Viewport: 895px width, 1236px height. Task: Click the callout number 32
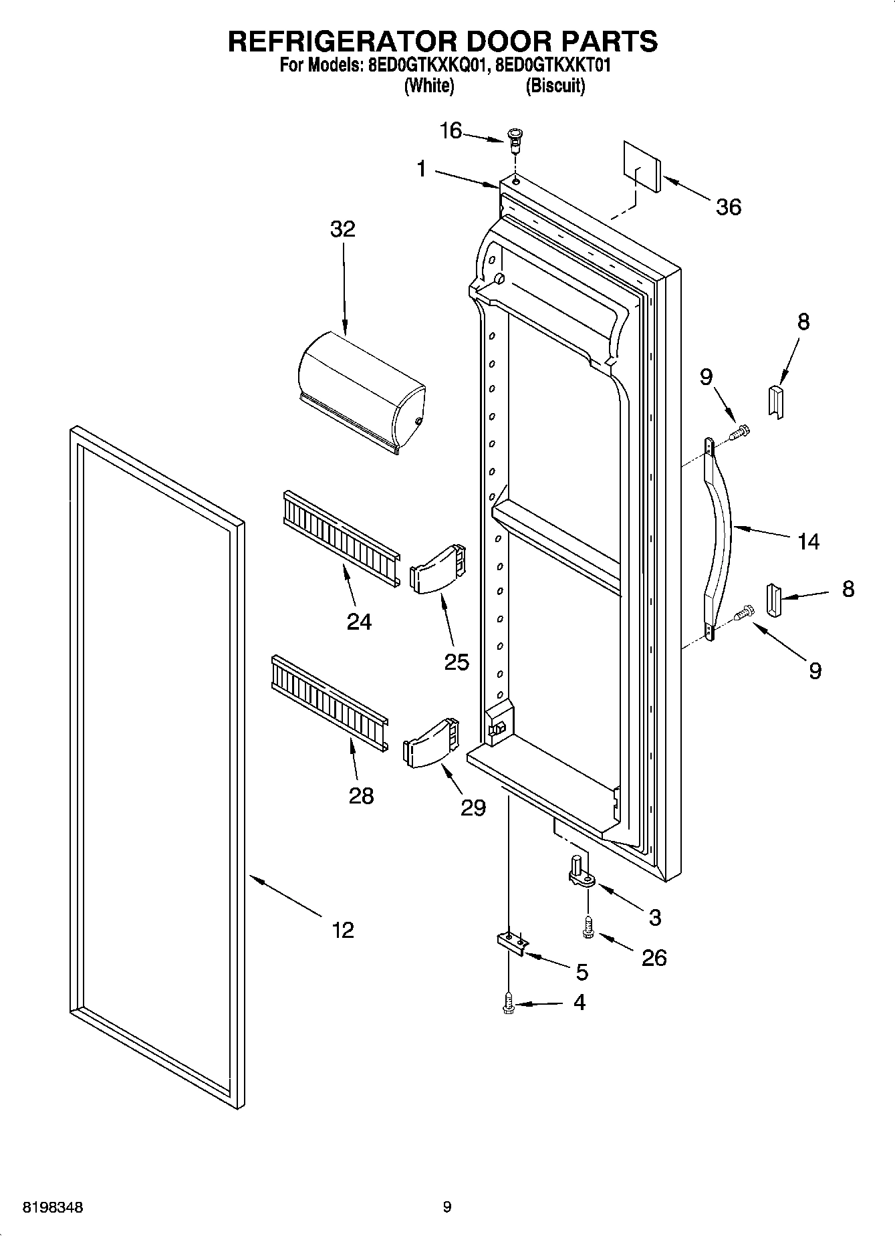[343, 229]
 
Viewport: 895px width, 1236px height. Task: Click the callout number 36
[729, 207]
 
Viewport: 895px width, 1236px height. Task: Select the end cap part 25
[438, 568]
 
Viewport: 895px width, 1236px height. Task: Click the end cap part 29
[430, 744]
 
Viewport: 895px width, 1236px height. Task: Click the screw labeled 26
[588, 927]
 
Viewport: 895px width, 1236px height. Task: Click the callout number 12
[343, 930]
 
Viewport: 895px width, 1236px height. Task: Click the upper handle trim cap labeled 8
[775, 401]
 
